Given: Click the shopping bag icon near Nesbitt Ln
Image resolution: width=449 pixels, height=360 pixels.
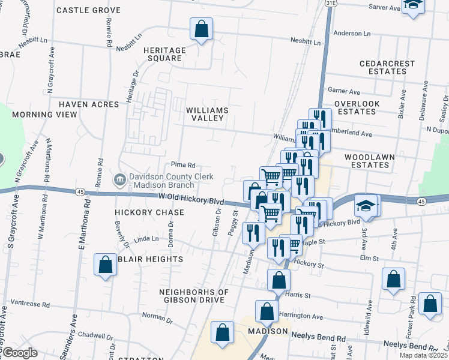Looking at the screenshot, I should (201, 29).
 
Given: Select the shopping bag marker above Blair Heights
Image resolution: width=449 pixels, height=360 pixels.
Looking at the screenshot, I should (105, 265).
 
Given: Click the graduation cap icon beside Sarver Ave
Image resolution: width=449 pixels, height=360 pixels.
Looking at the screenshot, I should (413, 5).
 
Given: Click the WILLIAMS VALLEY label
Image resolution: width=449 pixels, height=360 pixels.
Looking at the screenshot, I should (207, 114).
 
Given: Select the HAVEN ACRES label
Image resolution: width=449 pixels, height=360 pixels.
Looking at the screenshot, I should (89, 104).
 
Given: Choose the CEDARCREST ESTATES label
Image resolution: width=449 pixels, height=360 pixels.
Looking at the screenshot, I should (383, 67).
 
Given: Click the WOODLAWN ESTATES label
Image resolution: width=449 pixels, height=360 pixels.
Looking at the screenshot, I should (369, 161).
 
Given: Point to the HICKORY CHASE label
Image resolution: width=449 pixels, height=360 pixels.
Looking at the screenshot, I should (140, 212).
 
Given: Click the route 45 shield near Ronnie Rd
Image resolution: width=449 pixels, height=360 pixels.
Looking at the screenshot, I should (80, 191).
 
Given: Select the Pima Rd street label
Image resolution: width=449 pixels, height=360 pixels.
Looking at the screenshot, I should (183, 165).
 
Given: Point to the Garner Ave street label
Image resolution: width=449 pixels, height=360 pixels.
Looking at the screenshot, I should (344, 92).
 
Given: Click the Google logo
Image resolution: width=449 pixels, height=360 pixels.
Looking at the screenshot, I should (19, 353).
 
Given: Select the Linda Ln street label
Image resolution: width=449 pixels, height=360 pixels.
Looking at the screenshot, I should (146, 239).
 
